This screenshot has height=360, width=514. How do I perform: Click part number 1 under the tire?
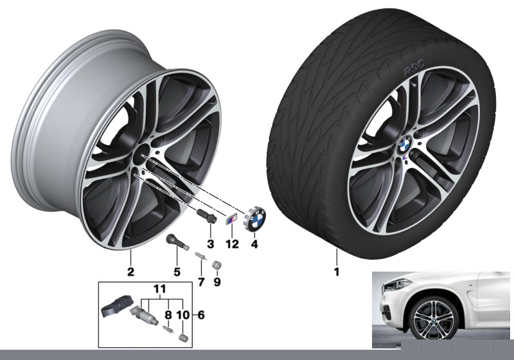click(336, 271)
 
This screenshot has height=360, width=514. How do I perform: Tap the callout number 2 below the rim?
click(130, 271)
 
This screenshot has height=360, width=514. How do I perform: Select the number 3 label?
click(210, 244)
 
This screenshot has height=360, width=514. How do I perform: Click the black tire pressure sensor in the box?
click(118, 308)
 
